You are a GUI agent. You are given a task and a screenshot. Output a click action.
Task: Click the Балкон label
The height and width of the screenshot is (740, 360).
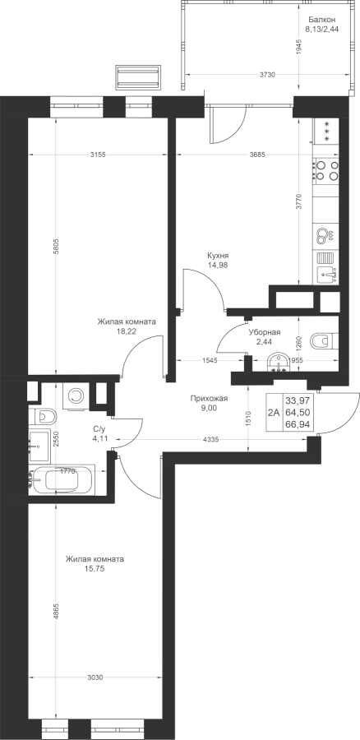pyautogui.click(x=322, y=20)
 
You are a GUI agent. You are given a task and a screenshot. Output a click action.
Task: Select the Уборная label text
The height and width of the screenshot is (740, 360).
pyautogui.click(x=265, y=332)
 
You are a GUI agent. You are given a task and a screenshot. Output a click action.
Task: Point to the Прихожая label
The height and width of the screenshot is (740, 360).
pyautogui.click(x=209, y=399)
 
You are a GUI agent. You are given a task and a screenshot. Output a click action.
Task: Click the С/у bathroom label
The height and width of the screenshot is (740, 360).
pyautogui.click(x=99, y=429)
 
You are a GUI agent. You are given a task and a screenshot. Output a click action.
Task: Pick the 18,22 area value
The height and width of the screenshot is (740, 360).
pyautogui.click(x=126, y=331)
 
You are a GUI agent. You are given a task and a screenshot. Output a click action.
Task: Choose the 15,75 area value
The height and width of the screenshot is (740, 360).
pyautogui.click(x=95, y=569)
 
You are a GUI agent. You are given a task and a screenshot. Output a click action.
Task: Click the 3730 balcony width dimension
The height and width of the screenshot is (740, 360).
pyautogui.click(x=267, y=75)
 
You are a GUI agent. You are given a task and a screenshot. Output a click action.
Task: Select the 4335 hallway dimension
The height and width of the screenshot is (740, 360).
pyautogui.click(x=210, y=440)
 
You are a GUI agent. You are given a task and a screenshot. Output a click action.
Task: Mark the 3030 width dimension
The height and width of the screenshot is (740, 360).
pyautogui.click(x=95, y=678)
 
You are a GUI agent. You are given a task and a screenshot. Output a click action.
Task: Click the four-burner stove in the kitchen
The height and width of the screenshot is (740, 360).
pyautogui.click(x=326, y=170)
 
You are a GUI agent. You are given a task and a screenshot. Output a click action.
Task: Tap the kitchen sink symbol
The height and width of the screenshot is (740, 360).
pyautogui.click(x=326, y=267)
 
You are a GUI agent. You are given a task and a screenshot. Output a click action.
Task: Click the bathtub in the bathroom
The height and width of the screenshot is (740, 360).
pyautogui.click(x=62, y=480)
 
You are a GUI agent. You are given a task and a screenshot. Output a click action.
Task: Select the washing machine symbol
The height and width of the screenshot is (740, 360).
pyautogui.click(x=75, y=395)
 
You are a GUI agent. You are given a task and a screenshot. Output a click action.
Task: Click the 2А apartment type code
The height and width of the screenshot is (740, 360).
pyautogui.click(x=273, y=413)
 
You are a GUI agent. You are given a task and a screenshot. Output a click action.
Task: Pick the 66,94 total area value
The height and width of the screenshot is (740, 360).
pyautogui.click(x=294, y=424)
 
